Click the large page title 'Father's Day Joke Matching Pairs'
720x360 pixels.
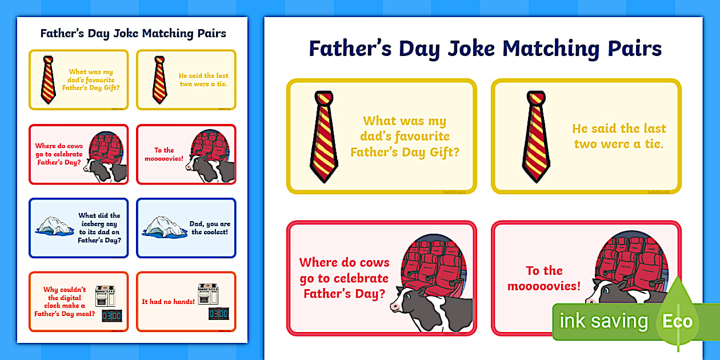pyautogui.click(x=485, y=48)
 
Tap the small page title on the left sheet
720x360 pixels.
pyautogui.click(x=133, y=33)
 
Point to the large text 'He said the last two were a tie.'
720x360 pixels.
pyautogui.click(x=619, y=136)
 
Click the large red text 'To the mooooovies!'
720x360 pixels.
pyautogui.click(x=544, y=278)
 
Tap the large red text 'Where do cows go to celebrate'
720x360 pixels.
pyautogui.click(x=344, y=278)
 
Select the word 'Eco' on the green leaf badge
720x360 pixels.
pyautogui.click(x=677, y=321)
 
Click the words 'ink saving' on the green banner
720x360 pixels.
pyautogui.click(x=603, y=321)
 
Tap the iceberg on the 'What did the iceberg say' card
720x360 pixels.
pyautogui.click(x=55, y=227)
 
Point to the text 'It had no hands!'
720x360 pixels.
pyautogui.click(x=168, y=301)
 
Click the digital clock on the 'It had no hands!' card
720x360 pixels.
pyautogui.click(x=219, y=314)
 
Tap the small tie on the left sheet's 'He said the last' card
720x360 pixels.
pyautogui.click(x=159, y=79)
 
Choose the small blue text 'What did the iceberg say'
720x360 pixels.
pyautogui.click(x=99, y=228)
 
